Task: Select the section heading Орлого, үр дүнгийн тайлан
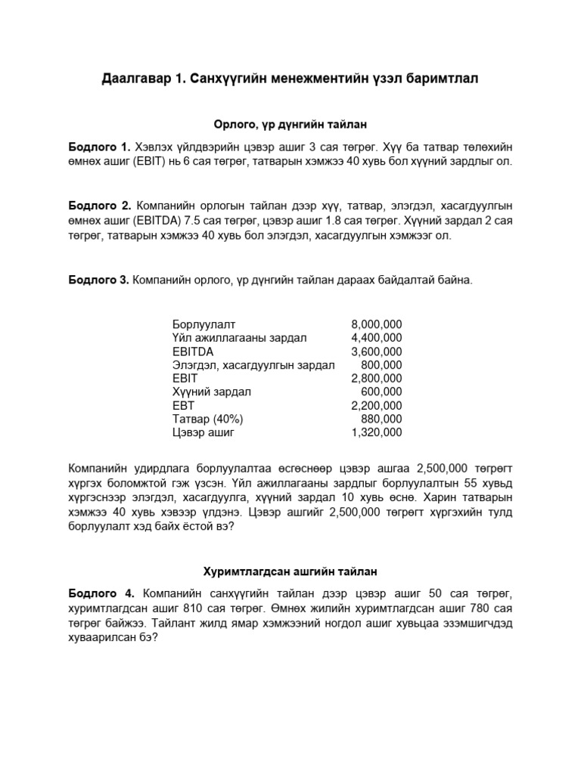tap(290, 123)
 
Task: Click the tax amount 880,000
tap(383, 420)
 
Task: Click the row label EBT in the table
tap(184, 406)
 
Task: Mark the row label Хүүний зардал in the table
tap(212, 392)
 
